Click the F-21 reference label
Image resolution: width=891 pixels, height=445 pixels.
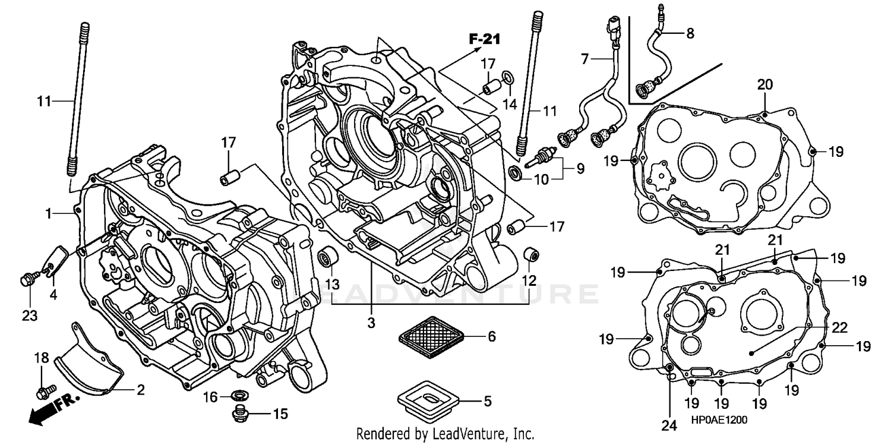point(484,40)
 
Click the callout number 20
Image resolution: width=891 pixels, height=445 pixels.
point(764,85)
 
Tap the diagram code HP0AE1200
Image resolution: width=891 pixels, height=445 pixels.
point(719,420)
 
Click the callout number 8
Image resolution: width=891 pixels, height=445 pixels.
point(690,33)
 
